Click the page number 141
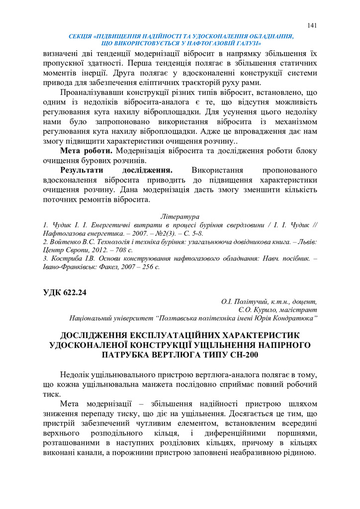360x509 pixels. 312,26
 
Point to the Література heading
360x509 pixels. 180,217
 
